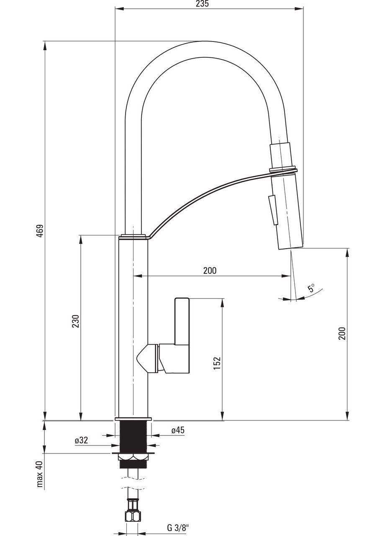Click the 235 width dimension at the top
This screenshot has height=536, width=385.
click(202, 4)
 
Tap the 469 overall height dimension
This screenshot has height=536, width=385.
click(41, 231)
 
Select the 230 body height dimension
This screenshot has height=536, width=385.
click(76, 321)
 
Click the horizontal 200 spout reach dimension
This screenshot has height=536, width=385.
click(210, 271)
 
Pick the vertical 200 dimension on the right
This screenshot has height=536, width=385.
click(342, 333)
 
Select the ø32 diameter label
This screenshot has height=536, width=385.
click(81, 440)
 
